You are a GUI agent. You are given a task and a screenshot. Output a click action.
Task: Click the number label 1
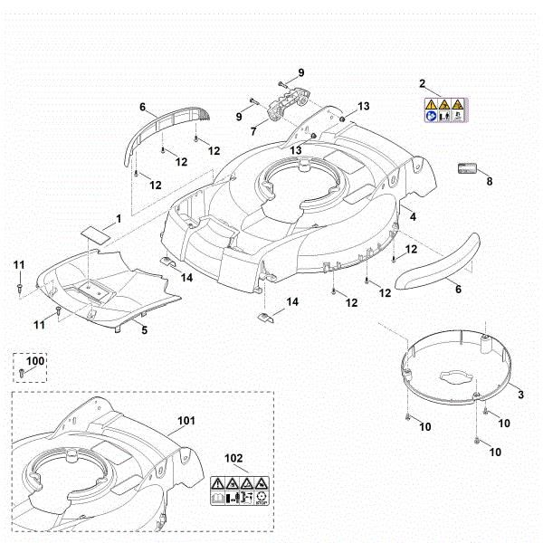tap(117, 218)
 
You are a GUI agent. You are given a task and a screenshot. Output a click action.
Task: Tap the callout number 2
tap(423, 84)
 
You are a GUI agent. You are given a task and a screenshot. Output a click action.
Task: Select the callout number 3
tap(519, 395)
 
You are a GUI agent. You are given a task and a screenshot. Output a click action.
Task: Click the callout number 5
tap(144, 330)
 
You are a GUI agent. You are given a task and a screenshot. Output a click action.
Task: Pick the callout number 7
tap(253, 132)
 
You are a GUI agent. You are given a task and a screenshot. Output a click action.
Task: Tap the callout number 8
tap(490, 181)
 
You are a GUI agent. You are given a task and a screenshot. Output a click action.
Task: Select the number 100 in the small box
tap(34, 361)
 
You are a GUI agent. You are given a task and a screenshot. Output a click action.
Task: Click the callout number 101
tap(186, 421)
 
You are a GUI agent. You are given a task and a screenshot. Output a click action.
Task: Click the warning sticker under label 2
tap(444, 110)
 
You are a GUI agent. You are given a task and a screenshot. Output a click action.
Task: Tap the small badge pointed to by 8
tap(468, 167)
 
